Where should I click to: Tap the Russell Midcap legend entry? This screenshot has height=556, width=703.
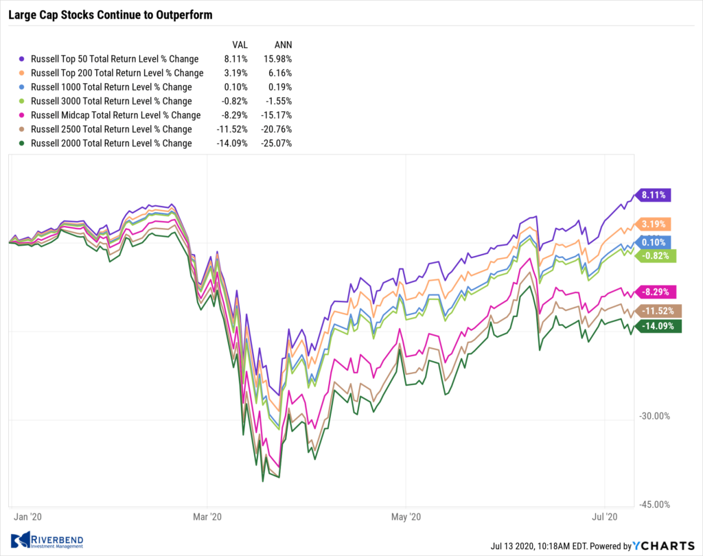click(116, 115)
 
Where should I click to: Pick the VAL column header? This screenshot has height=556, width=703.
click(240, 44)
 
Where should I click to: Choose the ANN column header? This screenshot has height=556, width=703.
click(281, 44)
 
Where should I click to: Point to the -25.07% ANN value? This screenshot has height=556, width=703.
click(276, 143)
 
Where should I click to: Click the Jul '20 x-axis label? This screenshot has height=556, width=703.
click(604, 516)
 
